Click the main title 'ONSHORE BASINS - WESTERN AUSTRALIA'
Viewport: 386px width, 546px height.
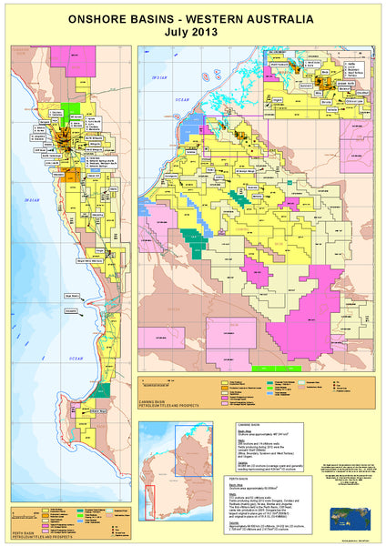[x=193, y=19]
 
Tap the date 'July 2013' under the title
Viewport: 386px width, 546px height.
[x=193, y=32]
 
